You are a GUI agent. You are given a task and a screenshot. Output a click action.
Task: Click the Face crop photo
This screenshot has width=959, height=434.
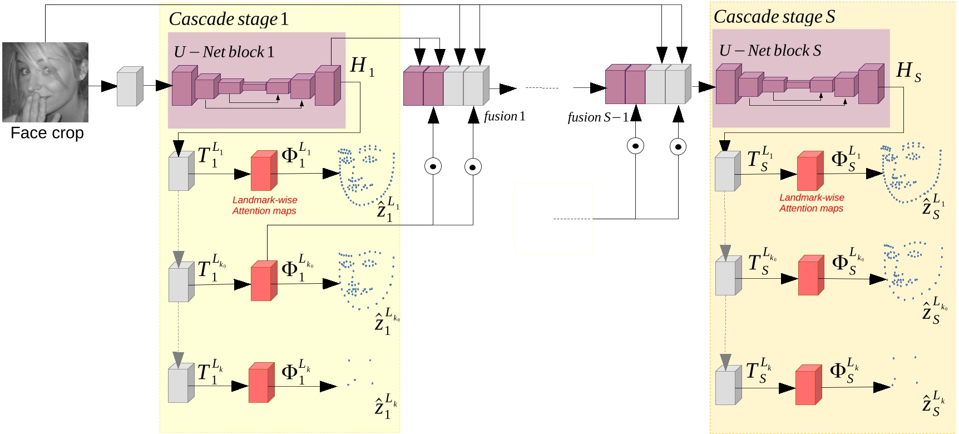pyautogui.click(x=45, y=82)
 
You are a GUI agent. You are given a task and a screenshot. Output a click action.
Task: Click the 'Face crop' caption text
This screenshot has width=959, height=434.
pyautogui.click(x=47, y=133)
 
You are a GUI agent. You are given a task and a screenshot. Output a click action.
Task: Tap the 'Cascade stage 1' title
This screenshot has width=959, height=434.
pyautogui.click(x=229, y=19)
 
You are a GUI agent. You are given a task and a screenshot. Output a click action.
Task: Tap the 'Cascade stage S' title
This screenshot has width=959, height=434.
pyautogui.click(x=774, y=17)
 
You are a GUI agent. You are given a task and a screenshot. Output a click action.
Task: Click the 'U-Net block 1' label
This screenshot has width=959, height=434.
pyautogui.click(x=224, y=52)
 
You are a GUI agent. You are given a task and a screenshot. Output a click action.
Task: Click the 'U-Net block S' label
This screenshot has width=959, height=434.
pyautogui.click(x=770, y=51)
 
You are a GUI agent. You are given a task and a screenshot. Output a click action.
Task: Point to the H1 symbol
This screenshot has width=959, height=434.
pyautogui.click(x=362, y=66)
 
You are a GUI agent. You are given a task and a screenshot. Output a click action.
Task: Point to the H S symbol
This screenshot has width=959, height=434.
pyautogui.click(x=908, y=71)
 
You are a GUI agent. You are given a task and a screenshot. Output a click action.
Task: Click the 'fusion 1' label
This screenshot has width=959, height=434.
pyautogui.click(x=504, y=116)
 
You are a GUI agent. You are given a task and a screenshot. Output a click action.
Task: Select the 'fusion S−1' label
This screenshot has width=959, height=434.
pyautogui.click(x=597, y=117)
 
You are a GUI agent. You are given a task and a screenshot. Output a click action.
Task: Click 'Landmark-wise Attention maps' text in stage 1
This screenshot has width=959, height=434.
pyautogui.click(x=265, y=205)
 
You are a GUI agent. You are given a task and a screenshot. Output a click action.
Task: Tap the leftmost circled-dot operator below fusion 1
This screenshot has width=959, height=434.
pyautogui.click(x=433, y=166)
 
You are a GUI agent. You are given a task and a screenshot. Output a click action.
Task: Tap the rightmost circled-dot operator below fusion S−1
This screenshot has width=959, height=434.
pyautogui.click(x=678, y=147)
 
